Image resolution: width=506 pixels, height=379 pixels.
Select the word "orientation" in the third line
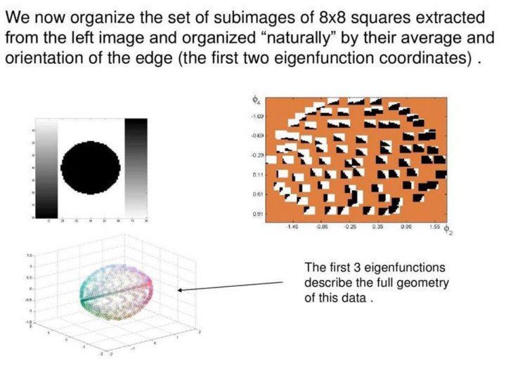(x=46, y=58)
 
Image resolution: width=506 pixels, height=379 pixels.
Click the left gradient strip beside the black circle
(x=47, y=167)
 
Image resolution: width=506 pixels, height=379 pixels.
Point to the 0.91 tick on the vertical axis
(x=259, y=213)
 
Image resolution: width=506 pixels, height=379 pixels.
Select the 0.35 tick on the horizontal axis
(x=377, y=227)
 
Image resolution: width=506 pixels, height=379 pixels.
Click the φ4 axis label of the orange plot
(x=257, y=102)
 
